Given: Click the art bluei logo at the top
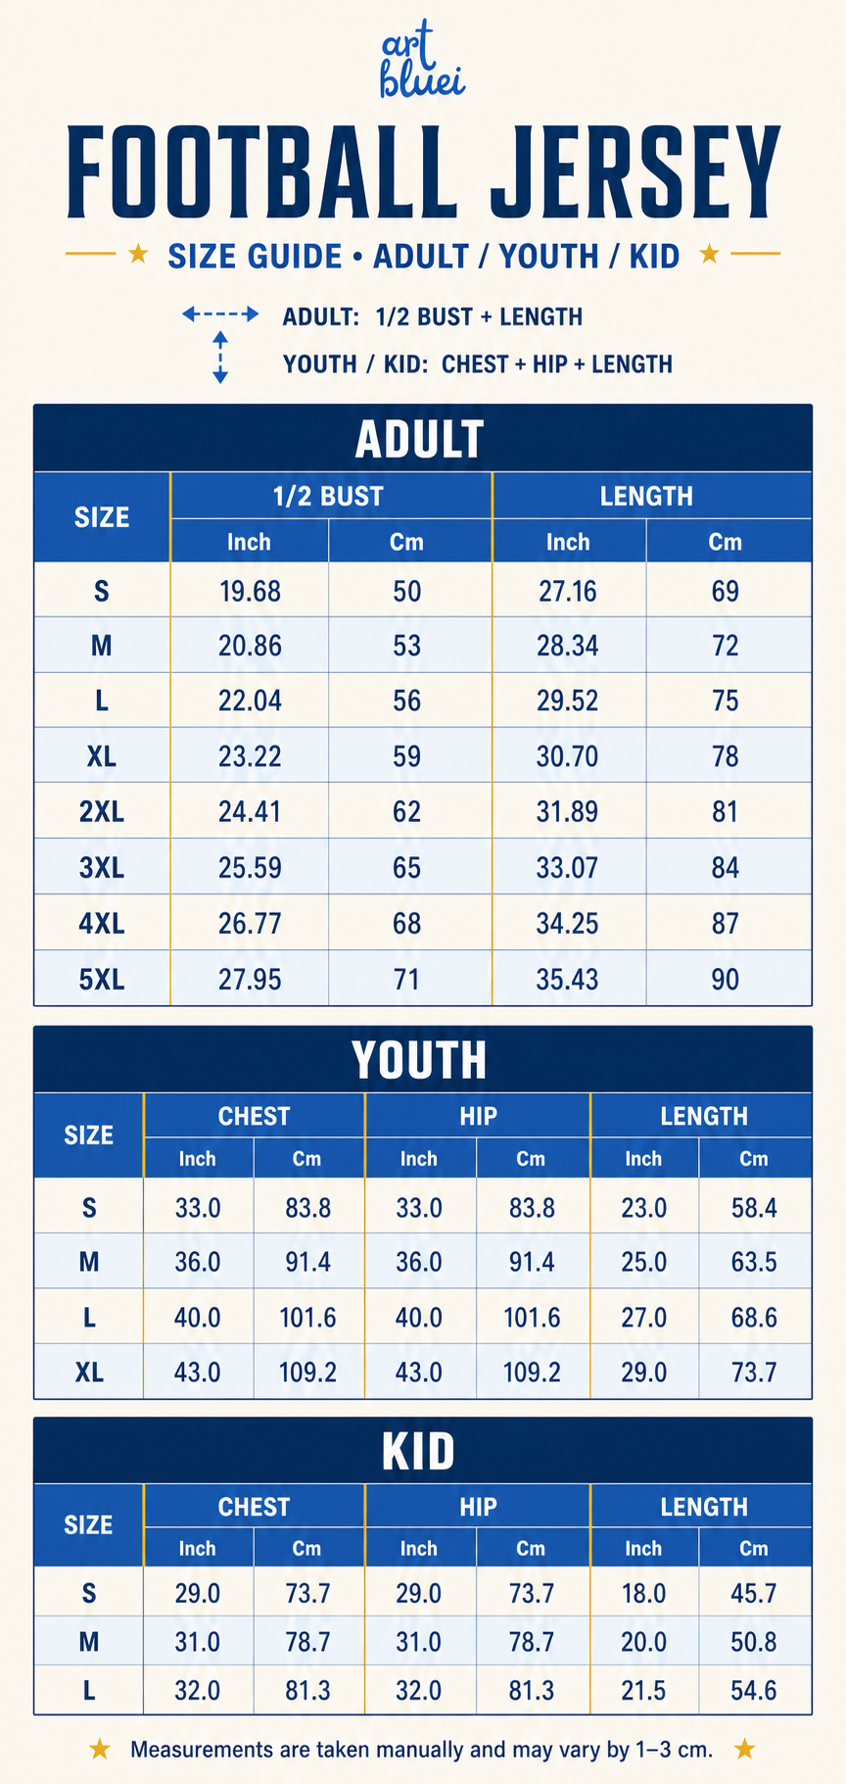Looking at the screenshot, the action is coord(422,62).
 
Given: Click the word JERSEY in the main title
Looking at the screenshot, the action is coord(634,172).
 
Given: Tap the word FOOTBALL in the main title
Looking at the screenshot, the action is coord(261,172).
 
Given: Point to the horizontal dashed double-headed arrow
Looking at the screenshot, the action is coord(220,314).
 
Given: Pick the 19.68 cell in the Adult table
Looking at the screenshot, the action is coord(250,592).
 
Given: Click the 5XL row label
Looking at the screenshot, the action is coord(102,980).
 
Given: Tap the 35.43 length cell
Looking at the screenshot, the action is coord(567,980).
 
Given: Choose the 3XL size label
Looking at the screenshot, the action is coord(102,868).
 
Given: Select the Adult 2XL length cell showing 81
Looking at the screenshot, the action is coord(725,812).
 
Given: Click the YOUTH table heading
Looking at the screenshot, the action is coord(419,1060).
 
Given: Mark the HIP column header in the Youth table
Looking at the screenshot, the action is coord(478,1116).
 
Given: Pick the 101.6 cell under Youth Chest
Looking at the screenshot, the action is coord(307,1318).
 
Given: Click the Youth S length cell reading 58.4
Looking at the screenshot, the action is coord(754,1208).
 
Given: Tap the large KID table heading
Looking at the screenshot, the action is coord(419,1451).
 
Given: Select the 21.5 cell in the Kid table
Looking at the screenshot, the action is coord(643,1690).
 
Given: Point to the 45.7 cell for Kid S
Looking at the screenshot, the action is coord(754,1594).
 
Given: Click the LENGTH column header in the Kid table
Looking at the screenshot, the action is coord(704,1507).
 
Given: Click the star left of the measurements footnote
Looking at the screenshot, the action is coord(100,1749).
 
